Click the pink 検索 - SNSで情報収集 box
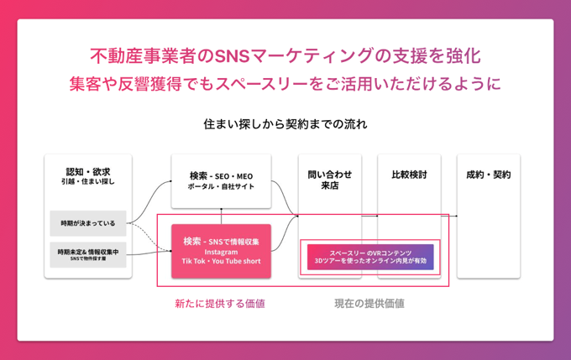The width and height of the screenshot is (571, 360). coord(222,249)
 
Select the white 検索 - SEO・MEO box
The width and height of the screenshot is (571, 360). coord(222,180)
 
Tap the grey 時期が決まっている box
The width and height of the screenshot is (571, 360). coord(88,223)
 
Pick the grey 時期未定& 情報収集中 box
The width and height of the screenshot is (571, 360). coord(88,254)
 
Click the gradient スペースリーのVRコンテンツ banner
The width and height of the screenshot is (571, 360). coord(370,257)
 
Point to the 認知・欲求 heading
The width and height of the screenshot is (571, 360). coord(88,171)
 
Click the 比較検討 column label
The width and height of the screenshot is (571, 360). coord(409,175)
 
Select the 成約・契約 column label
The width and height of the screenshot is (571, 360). coord(488,175)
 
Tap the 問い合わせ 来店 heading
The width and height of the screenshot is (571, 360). coord(330,180)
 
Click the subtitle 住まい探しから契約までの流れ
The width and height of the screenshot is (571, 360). coord(285,124)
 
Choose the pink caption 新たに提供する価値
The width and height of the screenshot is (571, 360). coord(220,303)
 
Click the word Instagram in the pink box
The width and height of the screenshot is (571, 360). coord(222,251)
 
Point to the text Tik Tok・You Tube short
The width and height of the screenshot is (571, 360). coord(222,261)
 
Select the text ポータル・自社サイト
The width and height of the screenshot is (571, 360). coord(222,186)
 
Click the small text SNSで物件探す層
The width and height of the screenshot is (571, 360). coord(88,259)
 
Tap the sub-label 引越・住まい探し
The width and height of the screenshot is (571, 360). coord(88,181)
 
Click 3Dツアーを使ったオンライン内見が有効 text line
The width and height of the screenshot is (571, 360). coord(370,262)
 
